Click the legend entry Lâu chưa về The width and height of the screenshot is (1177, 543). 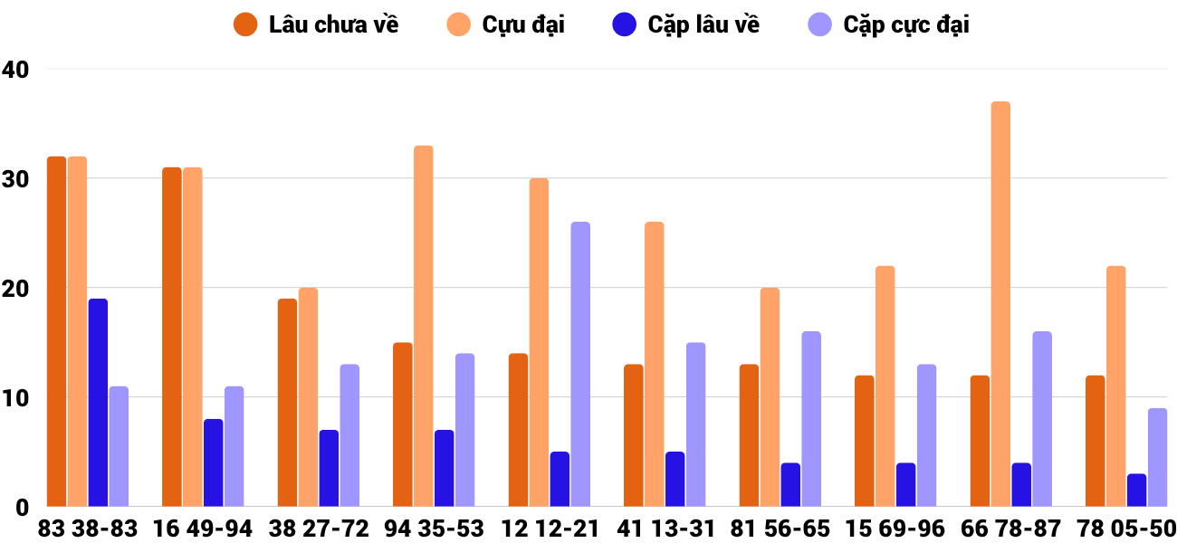tap(317, 24)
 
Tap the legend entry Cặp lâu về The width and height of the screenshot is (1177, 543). tap(687, 24)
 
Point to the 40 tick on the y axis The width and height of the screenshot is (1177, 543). tap(15, 69)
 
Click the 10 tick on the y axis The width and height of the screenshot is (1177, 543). tap(15, 397)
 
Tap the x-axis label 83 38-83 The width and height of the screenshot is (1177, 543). tap(88, 529)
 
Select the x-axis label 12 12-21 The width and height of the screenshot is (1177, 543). tap(550, 529)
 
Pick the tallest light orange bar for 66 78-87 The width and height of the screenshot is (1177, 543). tap(1000, 304)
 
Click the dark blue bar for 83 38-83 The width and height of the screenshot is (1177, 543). tap(98, 403)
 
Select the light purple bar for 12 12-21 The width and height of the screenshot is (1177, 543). tap(580, 364)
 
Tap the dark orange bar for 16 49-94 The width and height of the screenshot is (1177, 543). tap(172, 337)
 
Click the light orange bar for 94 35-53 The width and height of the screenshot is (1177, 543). tap(424, 326)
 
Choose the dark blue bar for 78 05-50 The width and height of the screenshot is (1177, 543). tap(1136, 490)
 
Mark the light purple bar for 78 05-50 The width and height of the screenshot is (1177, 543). tap(1157, 457)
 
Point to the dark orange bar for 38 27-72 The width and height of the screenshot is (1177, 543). tap(287, 403)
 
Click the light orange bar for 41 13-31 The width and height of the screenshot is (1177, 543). tap(654, 364)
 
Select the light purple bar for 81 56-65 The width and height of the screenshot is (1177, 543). tap(811, 419)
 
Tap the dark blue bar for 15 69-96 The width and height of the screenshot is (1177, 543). tap(905, 484)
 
